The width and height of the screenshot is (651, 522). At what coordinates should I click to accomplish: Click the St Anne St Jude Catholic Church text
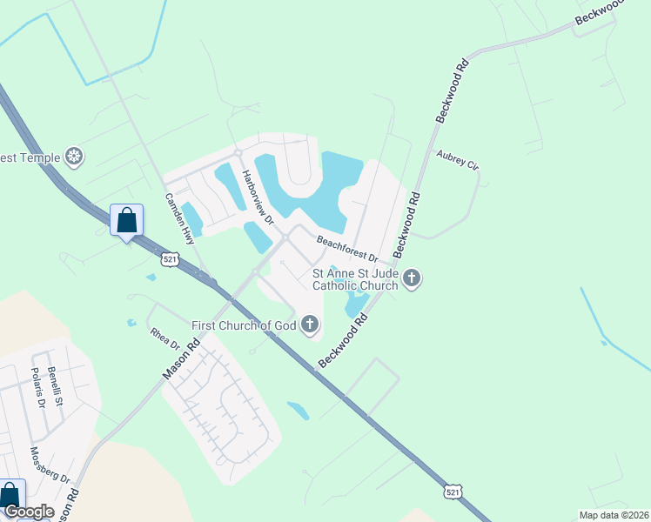355,279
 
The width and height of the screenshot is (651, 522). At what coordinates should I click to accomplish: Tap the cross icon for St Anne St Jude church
412,278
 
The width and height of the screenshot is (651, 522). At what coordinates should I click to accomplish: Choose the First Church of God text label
245,326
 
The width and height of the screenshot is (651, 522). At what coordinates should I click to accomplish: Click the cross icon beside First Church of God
309,326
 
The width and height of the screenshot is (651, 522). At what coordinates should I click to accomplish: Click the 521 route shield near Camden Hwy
170,258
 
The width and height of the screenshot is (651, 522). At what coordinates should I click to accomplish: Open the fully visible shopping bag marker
127,221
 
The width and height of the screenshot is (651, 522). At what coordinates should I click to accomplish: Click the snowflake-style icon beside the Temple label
76,157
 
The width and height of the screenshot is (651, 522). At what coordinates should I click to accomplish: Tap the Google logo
28,512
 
